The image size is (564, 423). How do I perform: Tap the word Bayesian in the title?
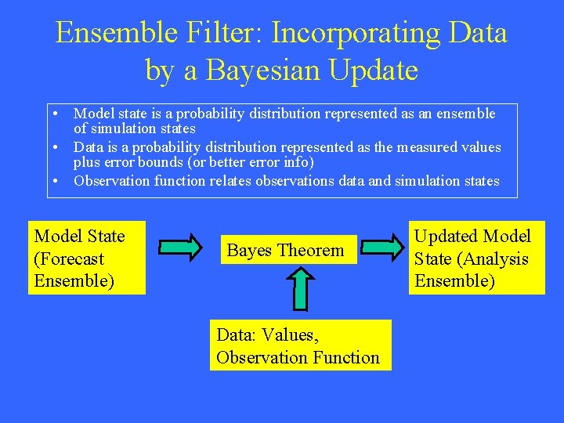point(263,70)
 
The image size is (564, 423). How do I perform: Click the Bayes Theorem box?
point(287,251)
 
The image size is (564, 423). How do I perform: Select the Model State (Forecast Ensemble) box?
point(87,258)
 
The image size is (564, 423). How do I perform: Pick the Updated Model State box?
point(476,258)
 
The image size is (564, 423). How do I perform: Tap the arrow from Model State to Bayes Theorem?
point(180,248)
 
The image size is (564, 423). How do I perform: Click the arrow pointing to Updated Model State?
point(384,248)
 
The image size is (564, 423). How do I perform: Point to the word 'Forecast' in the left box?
point(72,258)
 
